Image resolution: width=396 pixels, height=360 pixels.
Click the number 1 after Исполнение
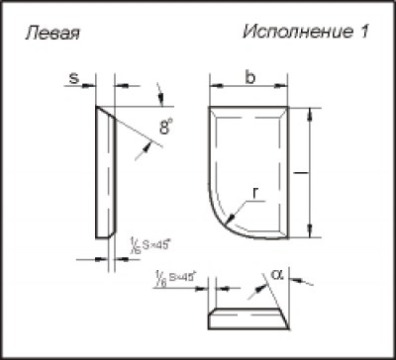[x=364, y=32]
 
